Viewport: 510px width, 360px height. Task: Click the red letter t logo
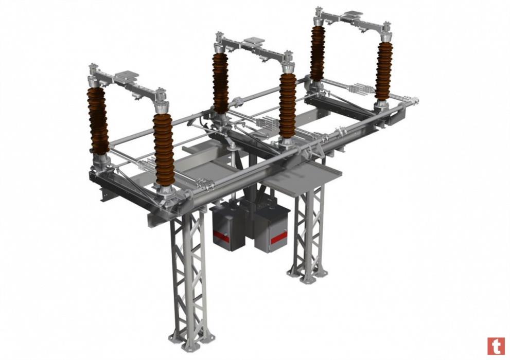click(496, 346)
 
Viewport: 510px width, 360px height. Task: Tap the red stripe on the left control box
click(221, 237)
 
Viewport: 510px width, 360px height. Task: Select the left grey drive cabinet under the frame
click(227, 226)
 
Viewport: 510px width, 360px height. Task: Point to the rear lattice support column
click(309, 227)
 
